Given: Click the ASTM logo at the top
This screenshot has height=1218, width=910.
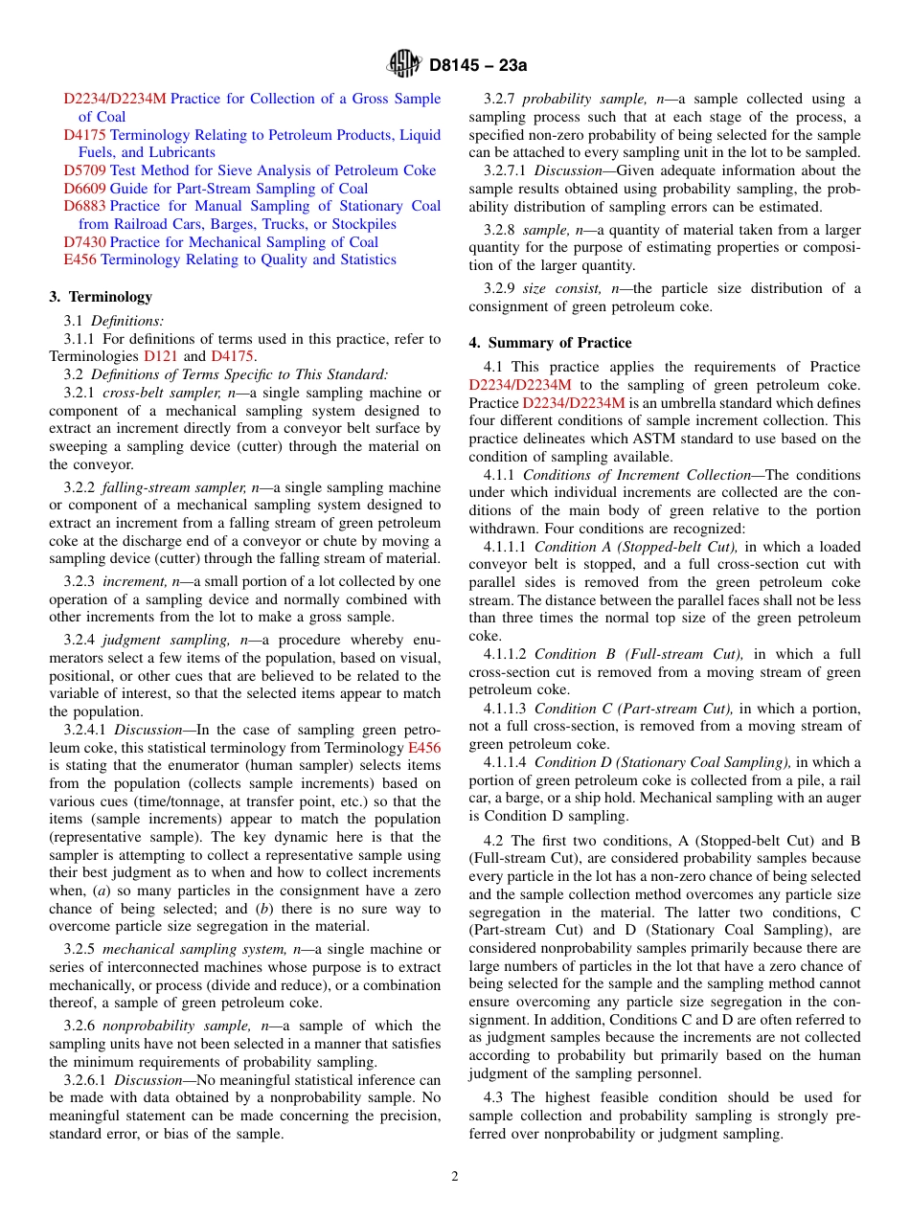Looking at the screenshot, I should click(403, 64).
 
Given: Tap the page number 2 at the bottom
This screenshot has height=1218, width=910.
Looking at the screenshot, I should click(455, 1176).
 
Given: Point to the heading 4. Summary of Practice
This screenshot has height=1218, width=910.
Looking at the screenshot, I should click(550, 343).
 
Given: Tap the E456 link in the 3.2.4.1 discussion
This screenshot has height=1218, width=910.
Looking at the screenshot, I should click(424, 748).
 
